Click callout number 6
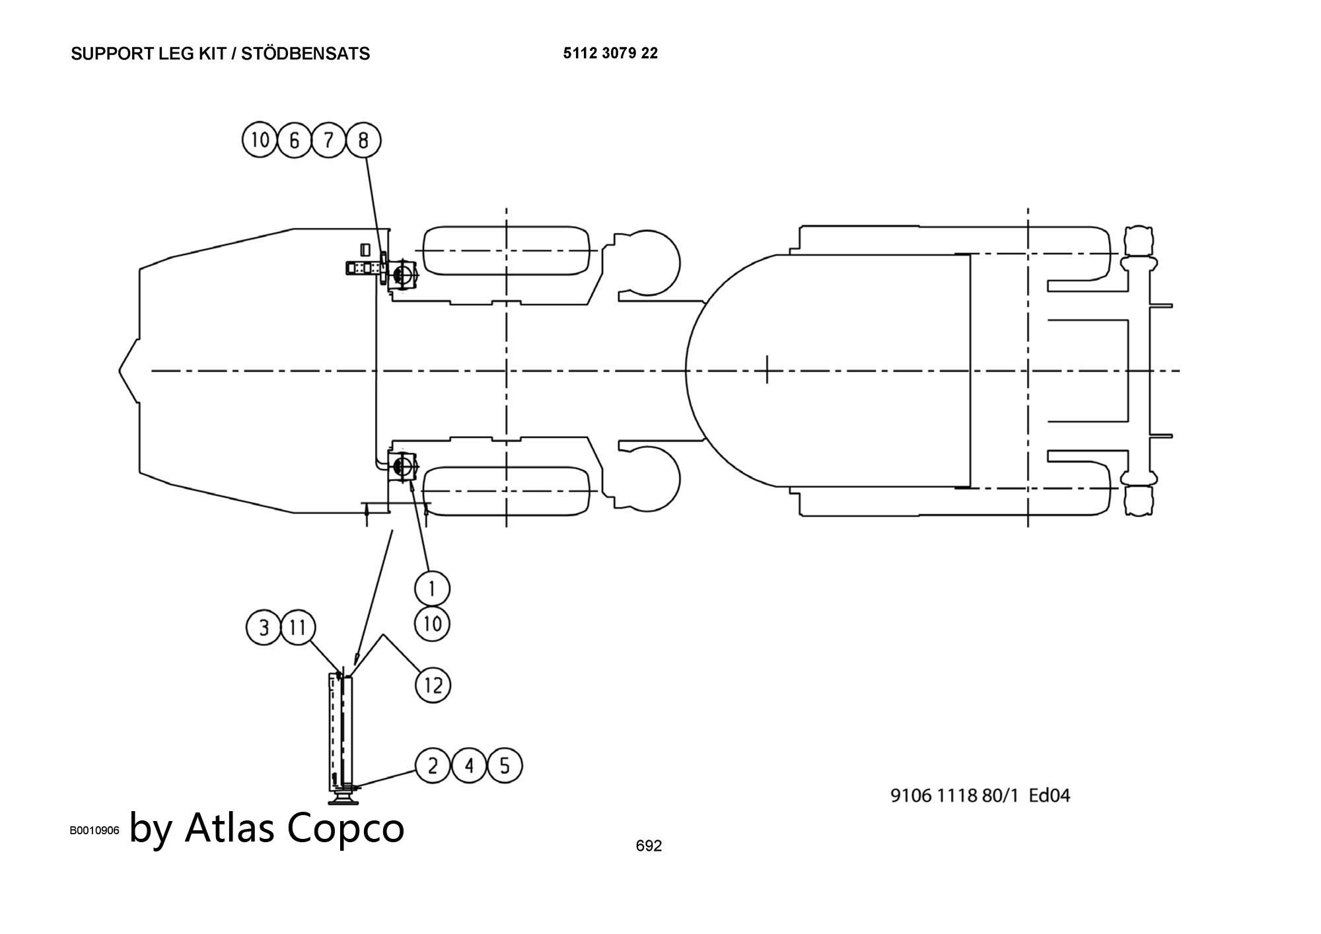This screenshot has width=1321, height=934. (x=295, y=140)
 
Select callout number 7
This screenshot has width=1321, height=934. (x=329, y=140)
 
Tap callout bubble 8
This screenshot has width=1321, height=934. (x=363, y=140)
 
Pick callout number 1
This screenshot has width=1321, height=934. (x=432, y=588)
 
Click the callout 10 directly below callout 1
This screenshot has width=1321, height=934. (x=432, y=624)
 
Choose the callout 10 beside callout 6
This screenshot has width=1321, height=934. (x=260, y=140)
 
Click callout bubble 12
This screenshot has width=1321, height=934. (x=433, y=685)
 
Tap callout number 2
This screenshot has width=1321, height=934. (x=433, y=766)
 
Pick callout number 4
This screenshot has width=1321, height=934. (x=469, y=766)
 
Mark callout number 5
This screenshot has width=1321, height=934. (x=505, y=766)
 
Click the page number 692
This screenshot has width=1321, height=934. (x=649, y=845)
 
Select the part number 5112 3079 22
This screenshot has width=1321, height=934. (x=610, y=54)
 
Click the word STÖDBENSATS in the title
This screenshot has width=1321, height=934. (x=305, y=54)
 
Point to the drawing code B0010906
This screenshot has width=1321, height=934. (x=94, y=830)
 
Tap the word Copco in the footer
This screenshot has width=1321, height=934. (x=346, y=828)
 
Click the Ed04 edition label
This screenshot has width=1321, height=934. (x=1050, y=795)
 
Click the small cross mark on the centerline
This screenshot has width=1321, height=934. (x=767, y=369)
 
